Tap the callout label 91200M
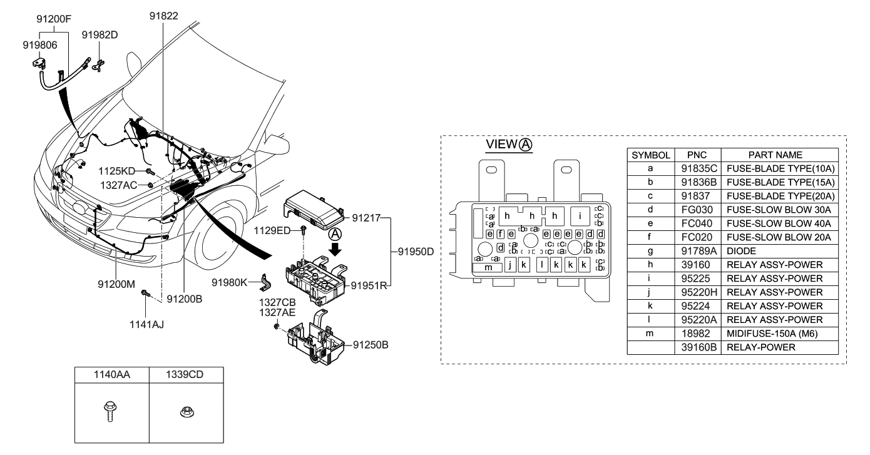(x=117, y=284)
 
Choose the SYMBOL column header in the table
(x=650, y=154)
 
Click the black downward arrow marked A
(x=335, y=248)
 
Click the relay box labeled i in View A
(x=580, y=217)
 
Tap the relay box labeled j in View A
(x=511, y=265)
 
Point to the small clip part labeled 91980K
(x=267, y=284)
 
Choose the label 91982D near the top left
(x=100, y=35)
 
